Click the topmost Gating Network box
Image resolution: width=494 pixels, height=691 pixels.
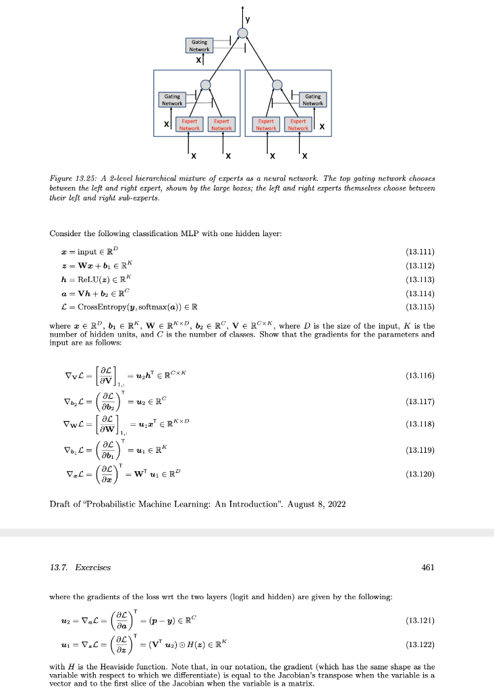(199, 45)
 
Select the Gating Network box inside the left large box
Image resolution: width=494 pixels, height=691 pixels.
(172, 100)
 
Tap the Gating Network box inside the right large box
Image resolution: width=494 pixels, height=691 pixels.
(312, 100)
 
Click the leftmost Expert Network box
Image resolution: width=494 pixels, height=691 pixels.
(189, 125)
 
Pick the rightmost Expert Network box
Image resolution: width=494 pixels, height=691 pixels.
(298, 125)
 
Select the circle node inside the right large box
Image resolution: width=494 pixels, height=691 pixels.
(277, 84)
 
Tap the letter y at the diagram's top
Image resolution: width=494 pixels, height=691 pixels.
(247, 20)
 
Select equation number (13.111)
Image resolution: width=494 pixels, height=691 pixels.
(420, 251)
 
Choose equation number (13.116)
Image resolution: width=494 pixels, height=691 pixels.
(420, 375)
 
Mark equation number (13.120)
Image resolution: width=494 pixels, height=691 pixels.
(420, 474)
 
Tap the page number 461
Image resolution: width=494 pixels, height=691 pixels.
(427, 568)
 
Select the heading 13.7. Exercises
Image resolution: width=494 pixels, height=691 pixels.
(80, 568)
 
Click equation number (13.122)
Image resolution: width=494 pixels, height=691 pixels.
(420, 644)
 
